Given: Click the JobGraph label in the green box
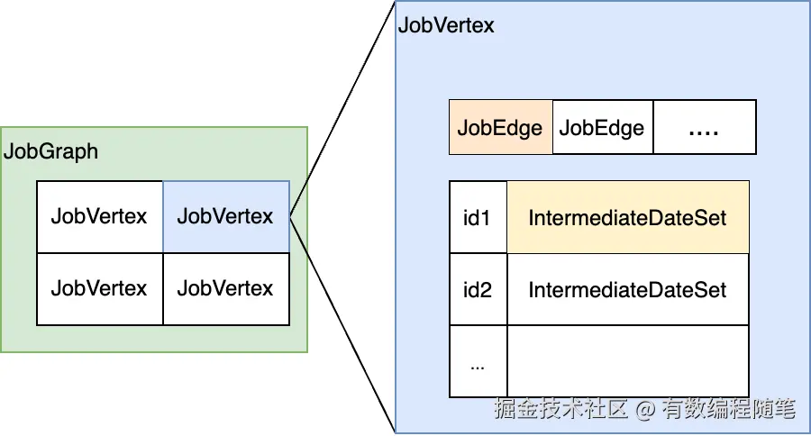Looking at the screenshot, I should click(51, 150).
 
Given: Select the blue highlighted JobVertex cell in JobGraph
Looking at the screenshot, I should click(225, 216).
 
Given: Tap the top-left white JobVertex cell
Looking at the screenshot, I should click(99, 216).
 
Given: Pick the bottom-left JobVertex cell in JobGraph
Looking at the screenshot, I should click(99, 288).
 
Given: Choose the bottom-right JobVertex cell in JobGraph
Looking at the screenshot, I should click(225, 288).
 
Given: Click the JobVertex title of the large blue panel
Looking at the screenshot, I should click(446, 25).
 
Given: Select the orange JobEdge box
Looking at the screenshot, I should click(500, 127).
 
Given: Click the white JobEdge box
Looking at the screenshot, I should click(602, 127).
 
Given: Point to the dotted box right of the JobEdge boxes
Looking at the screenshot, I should click(704, 127).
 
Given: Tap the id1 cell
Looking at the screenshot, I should click(478, 218).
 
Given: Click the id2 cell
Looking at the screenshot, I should click(478, 290).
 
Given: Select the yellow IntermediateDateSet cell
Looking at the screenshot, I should click(627, 218).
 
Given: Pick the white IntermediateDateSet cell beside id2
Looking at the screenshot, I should click(627, 290).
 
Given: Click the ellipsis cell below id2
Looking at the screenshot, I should click(478, 361).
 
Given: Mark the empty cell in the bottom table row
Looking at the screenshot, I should click(627, 361).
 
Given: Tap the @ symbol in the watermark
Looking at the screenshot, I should click(644, 410).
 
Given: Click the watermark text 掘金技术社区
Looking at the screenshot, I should click(560, 410).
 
